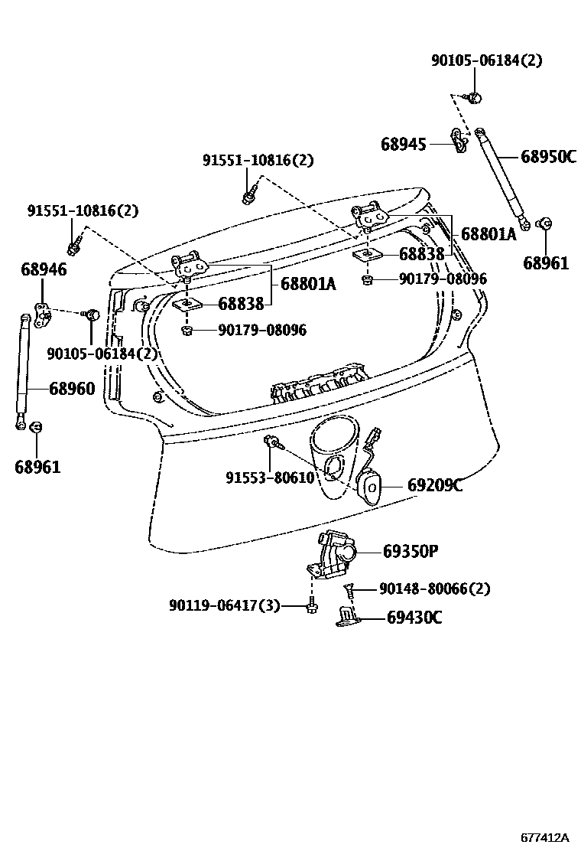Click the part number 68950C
coord(548,157)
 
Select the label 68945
coord(403,143)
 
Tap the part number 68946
coord(44,269)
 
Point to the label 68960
coord(72,389)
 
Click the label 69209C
coord(434,485)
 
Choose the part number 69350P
coord(410,551)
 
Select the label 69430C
coord(414,618)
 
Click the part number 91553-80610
coord(270,478)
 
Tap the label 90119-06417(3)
coord(225,606)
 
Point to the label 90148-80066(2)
coord(434,589)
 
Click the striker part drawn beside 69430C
coord(348,618)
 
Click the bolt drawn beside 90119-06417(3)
coord(310,607)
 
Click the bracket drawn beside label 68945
coord(460,141)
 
